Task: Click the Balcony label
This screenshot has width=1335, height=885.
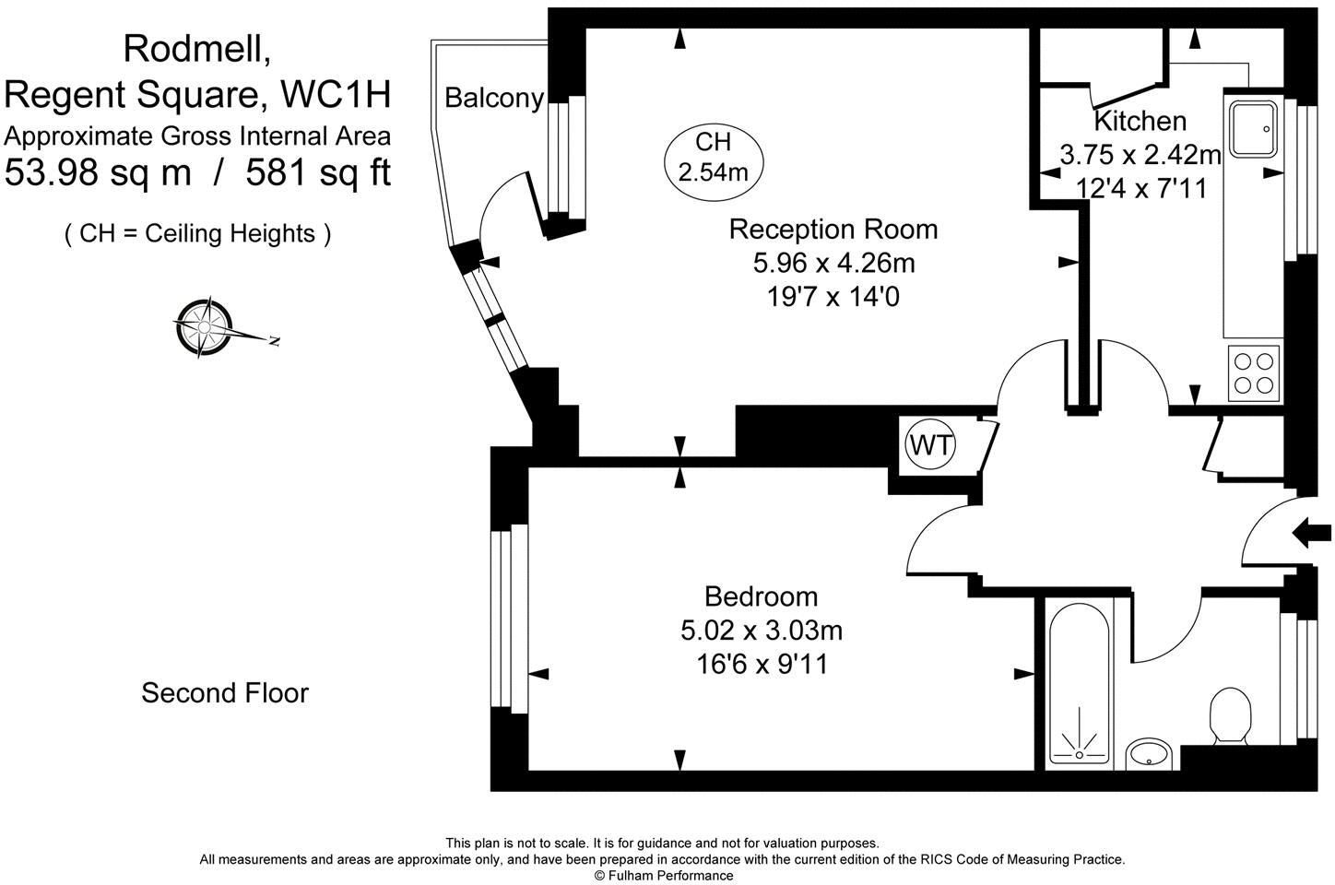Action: point(494,98)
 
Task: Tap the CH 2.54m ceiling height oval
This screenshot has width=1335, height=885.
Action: point(713,157)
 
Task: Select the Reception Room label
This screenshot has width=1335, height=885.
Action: point(833,229)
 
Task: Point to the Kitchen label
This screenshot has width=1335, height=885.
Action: point(1140,121)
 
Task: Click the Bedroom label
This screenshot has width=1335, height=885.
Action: point(761,596)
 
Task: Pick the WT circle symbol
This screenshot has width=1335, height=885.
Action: point(931,445)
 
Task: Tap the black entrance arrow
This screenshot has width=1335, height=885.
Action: point(1313,532)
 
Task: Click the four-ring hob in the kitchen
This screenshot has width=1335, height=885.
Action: point(1255,372)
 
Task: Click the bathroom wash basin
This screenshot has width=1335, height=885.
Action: point(1149,752)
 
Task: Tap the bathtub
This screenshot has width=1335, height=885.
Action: point(1079,682)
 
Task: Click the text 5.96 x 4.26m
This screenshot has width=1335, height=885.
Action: point(833,264)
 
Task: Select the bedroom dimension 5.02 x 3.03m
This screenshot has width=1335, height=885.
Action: point(761,631)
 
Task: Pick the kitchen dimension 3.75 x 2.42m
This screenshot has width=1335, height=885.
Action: point(1140,155)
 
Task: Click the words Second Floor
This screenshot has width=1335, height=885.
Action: point(224,692)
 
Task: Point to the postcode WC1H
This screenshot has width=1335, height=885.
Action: point(336,94)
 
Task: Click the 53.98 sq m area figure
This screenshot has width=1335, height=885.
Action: point(98,172)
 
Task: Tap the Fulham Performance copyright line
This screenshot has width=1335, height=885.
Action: point(663,875)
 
